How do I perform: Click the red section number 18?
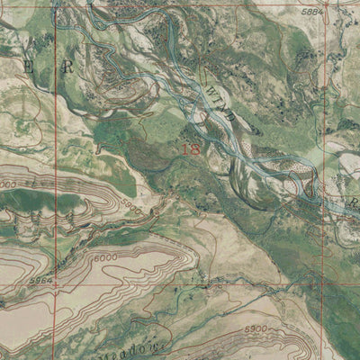click(x=191, y=150)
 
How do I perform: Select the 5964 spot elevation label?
click(x=42, y=280)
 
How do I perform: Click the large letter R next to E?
click(x=65, y=67)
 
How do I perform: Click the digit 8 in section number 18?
click(x=195, y=150)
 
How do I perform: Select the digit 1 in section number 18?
click(x=185, y=150)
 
